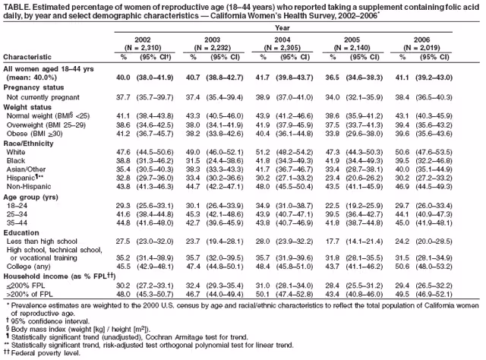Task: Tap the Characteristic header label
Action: (28, 57)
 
